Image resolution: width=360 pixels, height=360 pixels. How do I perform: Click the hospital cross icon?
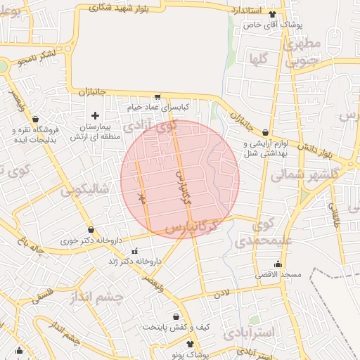(96, 115)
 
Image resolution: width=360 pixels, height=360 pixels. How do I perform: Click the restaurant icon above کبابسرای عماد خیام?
(157, 97)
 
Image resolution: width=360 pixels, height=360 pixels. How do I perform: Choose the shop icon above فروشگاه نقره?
(36, 120)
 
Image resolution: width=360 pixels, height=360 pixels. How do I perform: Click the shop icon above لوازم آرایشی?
(265, 131)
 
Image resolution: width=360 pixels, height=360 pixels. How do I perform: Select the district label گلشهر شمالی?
(305, 174)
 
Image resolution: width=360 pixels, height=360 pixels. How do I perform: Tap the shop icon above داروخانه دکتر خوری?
(91, 230)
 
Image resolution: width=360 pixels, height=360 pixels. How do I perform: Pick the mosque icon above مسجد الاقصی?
(278, 265)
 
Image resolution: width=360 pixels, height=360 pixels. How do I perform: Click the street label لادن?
(223, 290)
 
